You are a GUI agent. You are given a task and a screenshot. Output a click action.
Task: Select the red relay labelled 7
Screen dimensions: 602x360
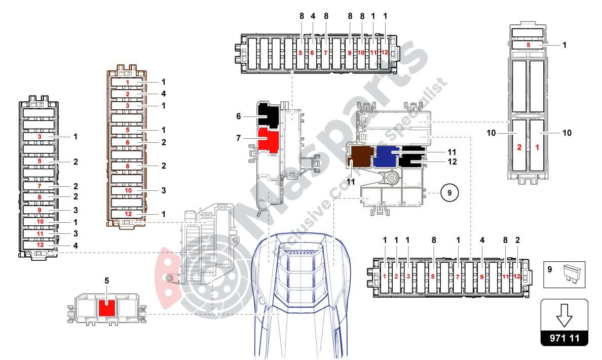tap(268, 140)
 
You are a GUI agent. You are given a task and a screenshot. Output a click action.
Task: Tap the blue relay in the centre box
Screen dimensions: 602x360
tap(387, 157)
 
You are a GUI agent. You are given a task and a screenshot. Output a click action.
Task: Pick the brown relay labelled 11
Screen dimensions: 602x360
tap(359, 156)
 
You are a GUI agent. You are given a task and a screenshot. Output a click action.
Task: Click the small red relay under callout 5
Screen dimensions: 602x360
tap(107, 307)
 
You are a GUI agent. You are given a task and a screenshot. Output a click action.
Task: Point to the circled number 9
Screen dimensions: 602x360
tap(449, 193)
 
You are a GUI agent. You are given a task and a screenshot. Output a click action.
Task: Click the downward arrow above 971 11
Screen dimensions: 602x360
tap(564, 315)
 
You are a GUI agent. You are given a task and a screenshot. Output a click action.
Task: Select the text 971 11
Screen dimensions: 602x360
tap(564, 338)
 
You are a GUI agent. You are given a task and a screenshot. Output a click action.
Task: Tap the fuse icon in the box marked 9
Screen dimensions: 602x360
tap(571, 273)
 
